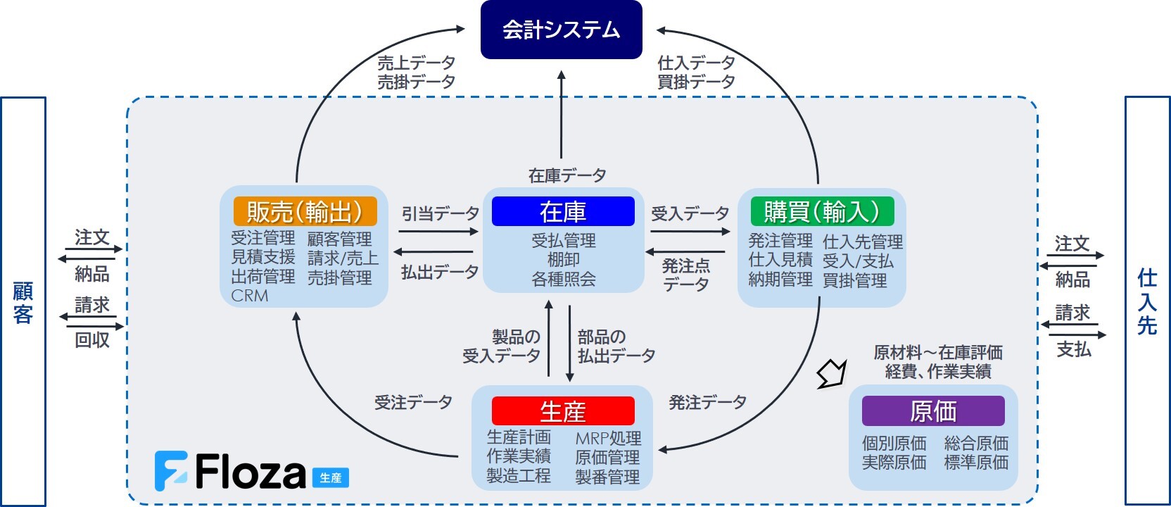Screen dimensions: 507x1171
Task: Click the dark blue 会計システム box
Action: [x=561, y=30]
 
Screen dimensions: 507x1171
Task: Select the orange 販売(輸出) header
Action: [x=305, y=211]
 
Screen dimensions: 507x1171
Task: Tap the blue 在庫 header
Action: [x=563, y=211]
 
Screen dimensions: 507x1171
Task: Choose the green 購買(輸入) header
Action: [x=822, y=211]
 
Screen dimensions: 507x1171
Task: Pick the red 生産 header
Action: [x=563, y=411]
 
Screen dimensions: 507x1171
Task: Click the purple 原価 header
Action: [x=933, y=411]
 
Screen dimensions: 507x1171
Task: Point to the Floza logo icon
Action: [x=171, y=470]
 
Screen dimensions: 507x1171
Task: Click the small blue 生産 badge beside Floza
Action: [x=330, y=478]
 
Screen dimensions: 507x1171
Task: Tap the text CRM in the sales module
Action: [x=250, y=296]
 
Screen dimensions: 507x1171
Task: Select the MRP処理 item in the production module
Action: [x=608, y=439]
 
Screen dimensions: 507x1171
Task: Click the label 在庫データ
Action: [x=567, y=175]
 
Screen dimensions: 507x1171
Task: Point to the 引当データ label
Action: [x=440, y=213]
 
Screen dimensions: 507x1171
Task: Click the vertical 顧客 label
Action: [x=23, y=303]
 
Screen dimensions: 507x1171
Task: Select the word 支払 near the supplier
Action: [x=1073, y=349]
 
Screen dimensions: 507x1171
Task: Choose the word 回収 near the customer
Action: [x=92, y=340]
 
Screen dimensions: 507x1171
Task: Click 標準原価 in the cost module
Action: [x=976, y=463]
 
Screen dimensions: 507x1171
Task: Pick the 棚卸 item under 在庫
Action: [x=564, y=260]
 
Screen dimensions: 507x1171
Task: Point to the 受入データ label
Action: [x=690, y=213]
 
